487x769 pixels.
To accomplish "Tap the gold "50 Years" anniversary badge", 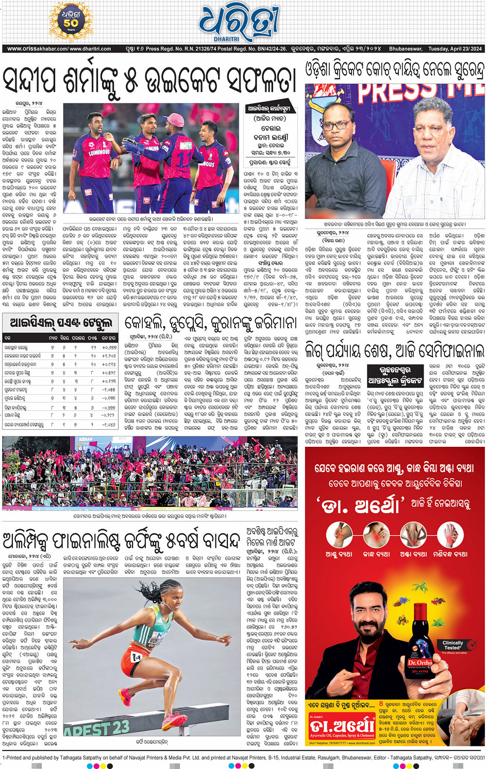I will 71,22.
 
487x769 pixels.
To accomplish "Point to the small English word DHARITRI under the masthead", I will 227,39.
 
